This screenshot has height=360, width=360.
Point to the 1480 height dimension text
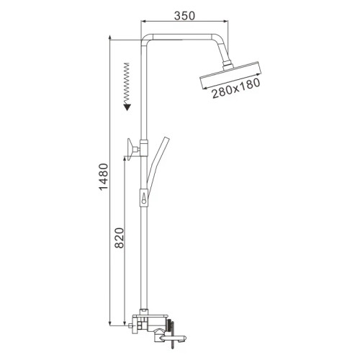point(102,184)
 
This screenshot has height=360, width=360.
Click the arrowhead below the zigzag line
point(127,106)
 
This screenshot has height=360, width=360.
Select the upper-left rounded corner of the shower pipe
point(143,38)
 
